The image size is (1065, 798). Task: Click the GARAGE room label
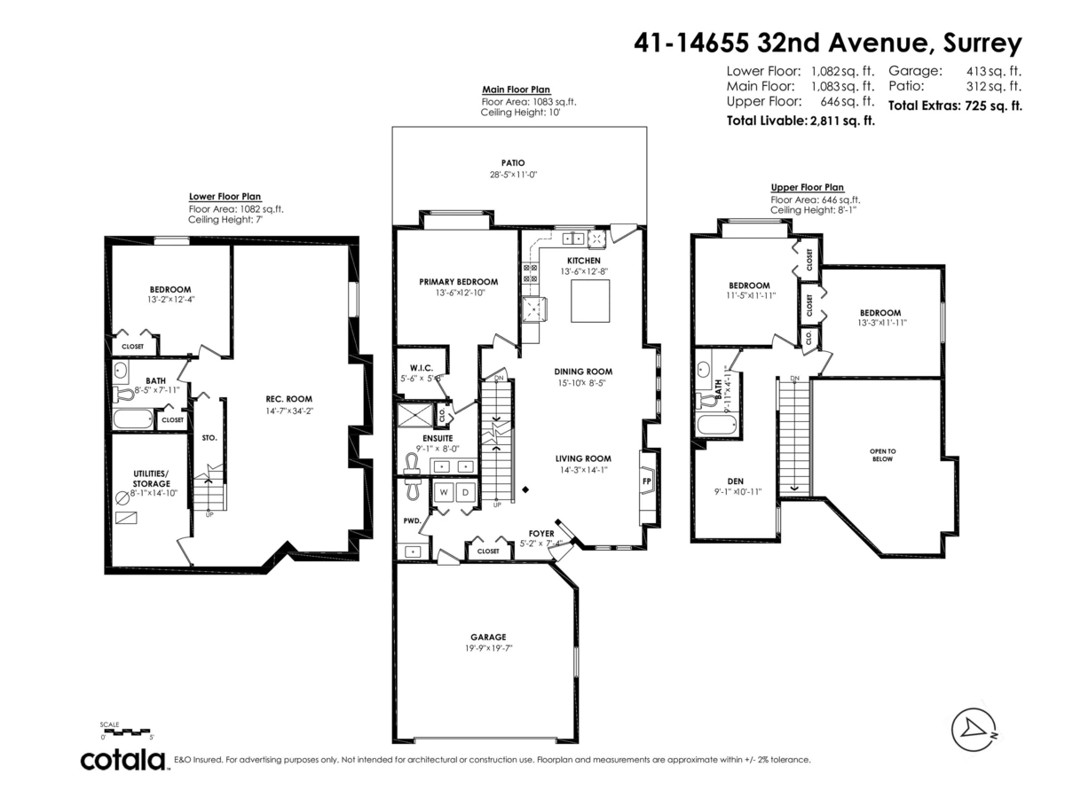pos(488,637)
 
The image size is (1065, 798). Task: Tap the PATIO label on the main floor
pos(512,163)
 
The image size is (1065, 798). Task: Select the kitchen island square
pos(589,301)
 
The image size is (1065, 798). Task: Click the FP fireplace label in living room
pos(646,481)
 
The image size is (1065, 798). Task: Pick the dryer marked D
pos(463,491)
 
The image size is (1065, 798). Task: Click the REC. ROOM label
pos(288,399)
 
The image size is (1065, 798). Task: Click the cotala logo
pos(123,760)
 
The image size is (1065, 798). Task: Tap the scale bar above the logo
pos(128,732)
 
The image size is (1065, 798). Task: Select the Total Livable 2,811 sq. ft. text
pos(801,121)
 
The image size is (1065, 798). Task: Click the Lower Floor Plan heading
pos(225,197)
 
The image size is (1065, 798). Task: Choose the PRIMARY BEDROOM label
pos(458,282)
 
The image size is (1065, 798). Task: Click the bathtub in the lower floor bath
pos(133,419)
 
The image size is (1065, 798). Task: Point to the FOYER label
pos(540,534)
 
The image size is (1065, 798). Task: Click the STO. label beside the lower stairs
pos(209,437)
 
